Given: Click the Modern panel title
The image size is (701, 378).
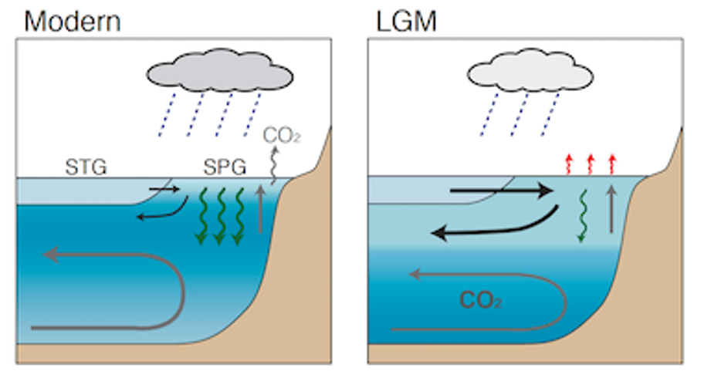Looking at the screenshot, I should tap(73, 20).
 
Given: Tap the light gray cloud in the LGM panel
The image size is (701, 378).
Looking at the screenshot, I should tap(530, 74).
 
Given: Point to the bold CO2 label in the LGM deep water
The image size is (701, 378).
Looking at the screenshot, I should tap(479, 299).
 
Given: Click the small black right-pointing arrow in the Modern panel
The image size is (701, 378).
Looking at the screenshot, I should tap(164, 187).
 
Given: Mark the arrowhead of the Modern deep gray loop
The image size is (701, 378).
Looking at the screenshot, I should tap(51, 253).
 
